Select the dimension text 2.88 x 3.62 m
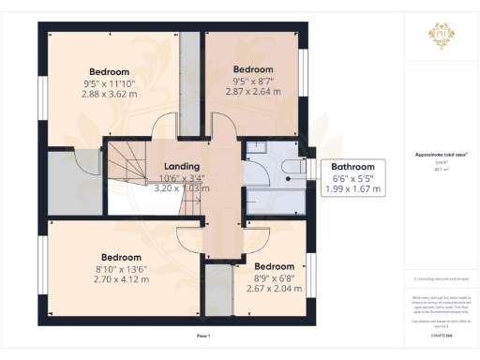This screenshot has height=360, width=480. pyautogui.click(x=109, y=95)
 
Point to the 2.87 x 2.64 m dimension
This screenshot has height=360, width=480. pyautogui.click(x=252, y=92)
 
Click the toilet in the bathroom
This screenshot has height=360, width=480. pyautogui.click(x=292, y=166)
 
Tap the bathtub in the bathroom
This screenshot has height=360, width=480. pyautogui.click(x=276, y=201)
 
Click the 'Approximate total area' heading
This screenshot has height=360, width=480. pyautogui.click(x=438, y=156)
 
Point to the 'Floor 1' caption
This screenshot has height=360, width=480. pyautogui.click(x=202, y=336)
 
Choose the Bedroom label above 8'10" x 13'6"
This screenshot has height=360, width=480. pyautogui.click(x=122, y=257)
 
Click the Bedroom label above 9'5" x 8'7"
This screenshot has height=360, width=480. pyautogui.click(x=252, y=69)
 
